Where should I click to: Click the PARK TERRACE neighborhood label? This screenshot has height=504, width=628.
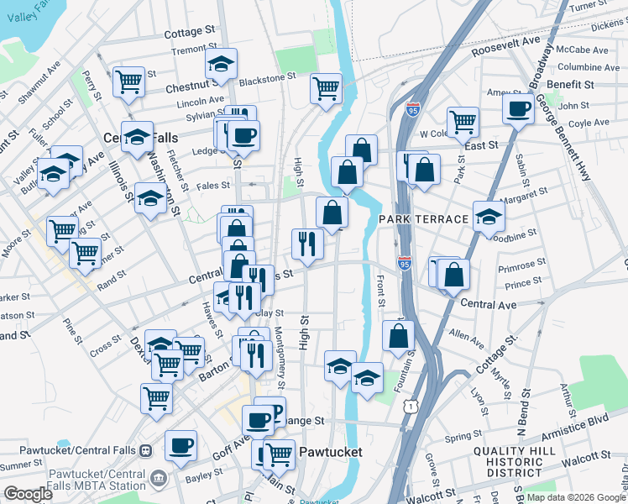point(422,219)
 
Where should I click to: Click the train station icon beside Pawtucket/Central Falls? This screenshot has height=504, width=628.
point(145,450)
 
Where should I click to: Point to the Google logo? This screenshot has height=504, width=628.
point(28,494)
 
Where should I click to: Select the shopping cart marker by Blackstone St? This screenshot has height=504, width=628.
point(326,88)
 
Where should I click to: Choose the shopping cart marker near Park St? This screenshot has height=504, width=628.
point(463,121)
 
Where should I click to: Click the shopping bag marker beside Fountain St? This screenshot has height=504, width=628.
point(398,335)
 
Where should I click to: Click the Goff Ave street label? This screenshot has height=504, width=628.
point(236,445)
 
